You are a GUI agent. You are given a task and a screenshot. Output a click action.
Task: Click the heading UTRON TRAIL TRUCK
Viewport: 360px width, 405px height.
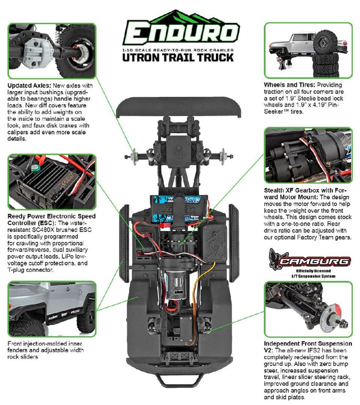tap(180, 57)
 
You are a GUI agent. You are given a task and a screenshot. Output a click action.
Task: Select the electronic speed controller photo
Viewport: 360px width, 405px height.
tap(51, 181)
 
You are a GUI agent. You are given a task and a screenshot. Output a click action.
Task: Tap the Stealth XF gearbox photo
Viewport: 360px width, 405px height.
tap(308, 155)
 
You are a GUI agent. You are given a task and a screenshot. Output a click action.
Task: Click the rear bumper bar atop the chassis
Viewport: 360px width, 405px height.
tap(180, 109)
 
